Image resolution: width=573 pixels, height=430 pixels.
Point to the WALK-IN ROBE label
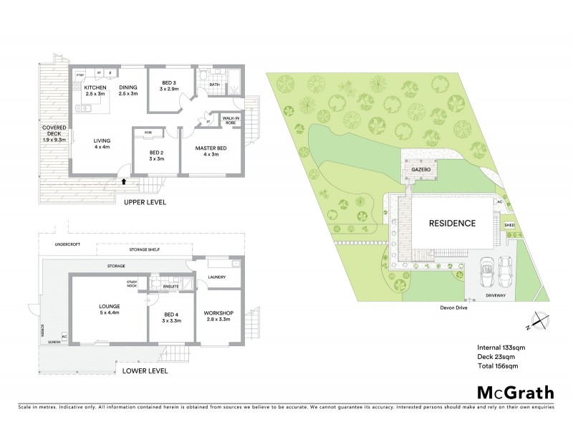[231, 120]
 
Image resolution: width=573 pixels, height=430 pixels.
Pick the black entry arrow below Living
[125, 182]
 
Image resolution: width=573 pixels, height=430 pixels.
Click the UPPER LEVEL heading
[145, 203]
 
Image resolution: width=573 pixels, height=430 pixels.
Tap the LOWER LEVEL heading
[145, 371]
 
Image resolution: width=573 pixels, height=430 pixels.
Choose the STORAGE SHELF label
[143, 249]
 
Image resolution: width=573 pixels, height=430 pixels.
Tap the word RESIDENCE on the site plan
[452, 223]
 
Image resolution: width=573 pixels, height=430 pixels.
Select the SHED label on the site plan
[509, 225]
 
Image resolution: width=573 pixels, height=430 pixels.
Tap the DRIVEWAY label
[496, 295]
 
